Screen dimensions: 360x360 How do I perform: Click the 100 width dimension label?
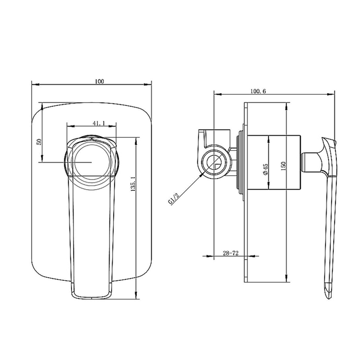coord(99,81)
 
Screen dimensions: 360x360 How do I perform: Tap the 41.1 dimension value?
coord(99,123)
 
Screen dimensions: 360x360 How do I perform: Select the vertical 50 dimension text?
coord(39,141)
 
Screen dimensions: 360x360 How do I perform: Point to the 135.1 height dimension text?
coord(133,184)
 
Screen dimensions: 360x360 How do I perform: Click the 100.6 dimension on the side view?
coord(258,91)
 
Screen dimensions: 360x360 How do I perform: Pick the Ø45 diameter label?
coord(265,169)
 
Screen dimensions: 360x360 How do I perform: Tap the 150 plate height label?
coord(283,166)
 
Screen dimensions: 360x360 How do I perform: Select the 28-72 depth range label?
coord(230,253)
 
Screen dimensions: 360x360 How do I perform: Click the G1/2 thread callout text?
coord(174,199)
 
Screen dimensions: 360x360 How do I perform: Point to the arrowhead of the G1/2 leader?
coord(202,174)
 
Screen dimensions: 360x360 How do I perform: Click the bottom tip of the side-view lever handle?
coord(329,298)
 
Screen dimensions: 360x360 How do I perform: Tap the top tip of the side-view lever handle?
coord(335,141)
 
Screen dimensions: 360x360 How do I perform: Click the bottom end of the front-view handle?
coord(91,298)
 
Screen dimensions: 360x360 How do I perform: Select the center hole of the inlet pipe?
coord(214,163)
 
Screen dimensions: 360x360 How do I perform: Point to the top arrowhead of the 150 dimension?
coord(286,106)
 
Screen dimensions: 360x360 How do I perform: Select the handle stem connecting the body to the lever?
coord(311,162)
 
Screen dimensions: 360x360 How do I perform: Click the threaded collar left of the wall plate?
coord(240,162)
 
